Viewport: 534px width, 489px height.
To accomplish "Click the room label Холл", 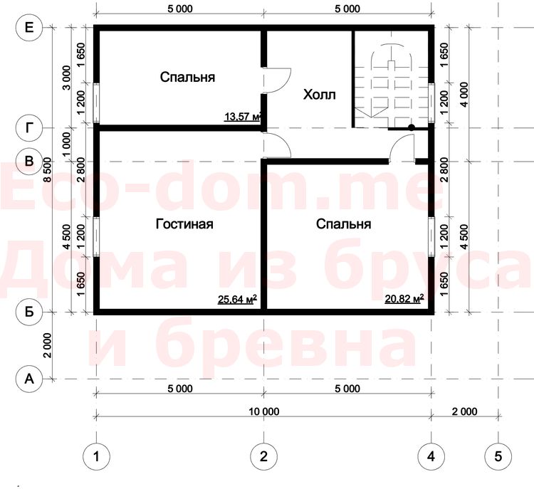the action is tap(319, 95).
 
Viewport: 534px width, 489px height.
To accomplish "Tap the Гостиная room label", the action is tap(184, 224).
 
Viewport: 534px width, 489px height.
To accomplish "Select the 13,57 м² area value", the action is tap(243, 117).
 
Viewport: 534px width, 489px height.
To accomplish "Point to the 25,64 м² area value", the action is tap(237, 300).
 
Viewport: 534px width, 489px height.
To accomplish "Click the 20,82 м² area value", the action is tap(404, 299).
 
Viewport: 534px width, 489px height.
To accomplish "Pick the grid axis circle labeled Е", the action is tap(29, 27).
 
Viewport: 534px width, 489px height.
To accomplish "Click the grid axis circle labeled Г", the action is tap(29, 128).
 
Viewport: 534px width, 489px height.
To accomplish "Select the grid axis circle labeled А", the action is tap(29, 379).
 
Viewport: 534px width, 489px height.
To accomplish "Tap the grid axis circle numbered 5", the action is tap(498, 456).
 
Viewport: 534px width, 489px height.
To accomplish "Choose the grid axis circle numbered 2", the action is tap(263, 456).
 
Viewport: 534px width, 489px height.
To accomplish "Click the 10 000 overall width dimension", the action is tap(264, 411).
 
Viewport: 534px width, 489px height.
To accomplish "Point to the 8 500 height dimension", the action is tap(47, 169).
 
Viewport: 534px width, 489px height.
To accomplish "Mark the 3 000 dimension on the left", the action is tap(67, 78).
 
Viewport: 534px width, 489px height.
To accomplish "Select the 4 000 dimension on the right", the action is tap(464, 95).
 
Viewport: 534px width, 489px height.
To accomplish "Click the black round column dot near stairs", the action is tap(412, 127).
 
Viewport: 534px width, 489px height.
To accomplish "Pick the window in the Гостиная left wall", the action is tap(96, 237).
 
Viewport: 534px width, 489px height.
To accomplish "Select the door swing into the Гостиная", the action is tap(284, 142).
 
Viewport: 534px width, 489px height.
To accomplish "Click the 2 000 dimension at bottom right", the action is tap(464, 411).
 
